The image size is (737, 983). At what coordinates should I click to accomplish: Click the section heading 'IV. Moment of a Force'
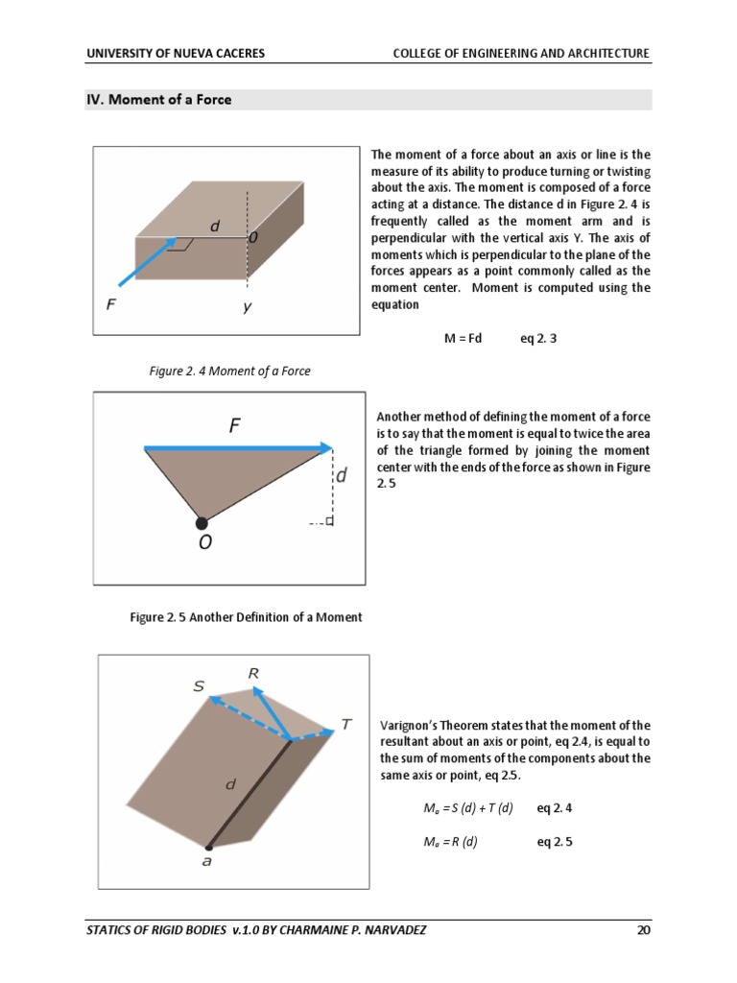(x=158, y=100)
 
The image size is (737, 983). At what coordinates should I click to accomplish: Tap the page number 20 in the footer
(x=643, y=929)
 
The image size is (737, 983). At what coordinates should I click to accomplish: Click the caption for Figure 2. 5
(x=246, y=617)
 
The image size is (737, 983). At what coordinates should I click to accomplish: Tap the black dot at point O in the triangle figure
(x=202, y=523)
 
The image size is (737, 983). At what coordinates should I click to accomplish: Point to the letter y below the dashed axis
(x=247, y=308)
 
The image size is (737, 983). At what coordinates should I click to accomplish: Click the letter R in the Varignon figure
(x=253, y=674)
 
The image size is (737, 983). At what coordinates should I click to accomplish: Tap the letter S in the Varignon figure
(x=199, y=686)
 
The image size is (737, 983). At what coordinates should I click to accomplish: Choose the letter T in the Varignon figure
(x=345, y=725)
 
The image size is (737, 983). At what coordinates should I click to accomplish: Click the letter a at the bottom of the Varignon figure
(x=207, y=862)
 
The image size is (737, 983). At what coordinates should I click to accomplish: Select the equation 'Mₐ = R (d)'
(x=450, y=842)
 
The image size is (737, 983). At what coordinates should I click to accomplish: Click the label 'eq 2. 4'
(x=557, y=808)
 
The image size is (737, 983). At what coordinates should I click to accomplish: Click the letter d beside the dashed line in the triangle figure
(x=342, y=475)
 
